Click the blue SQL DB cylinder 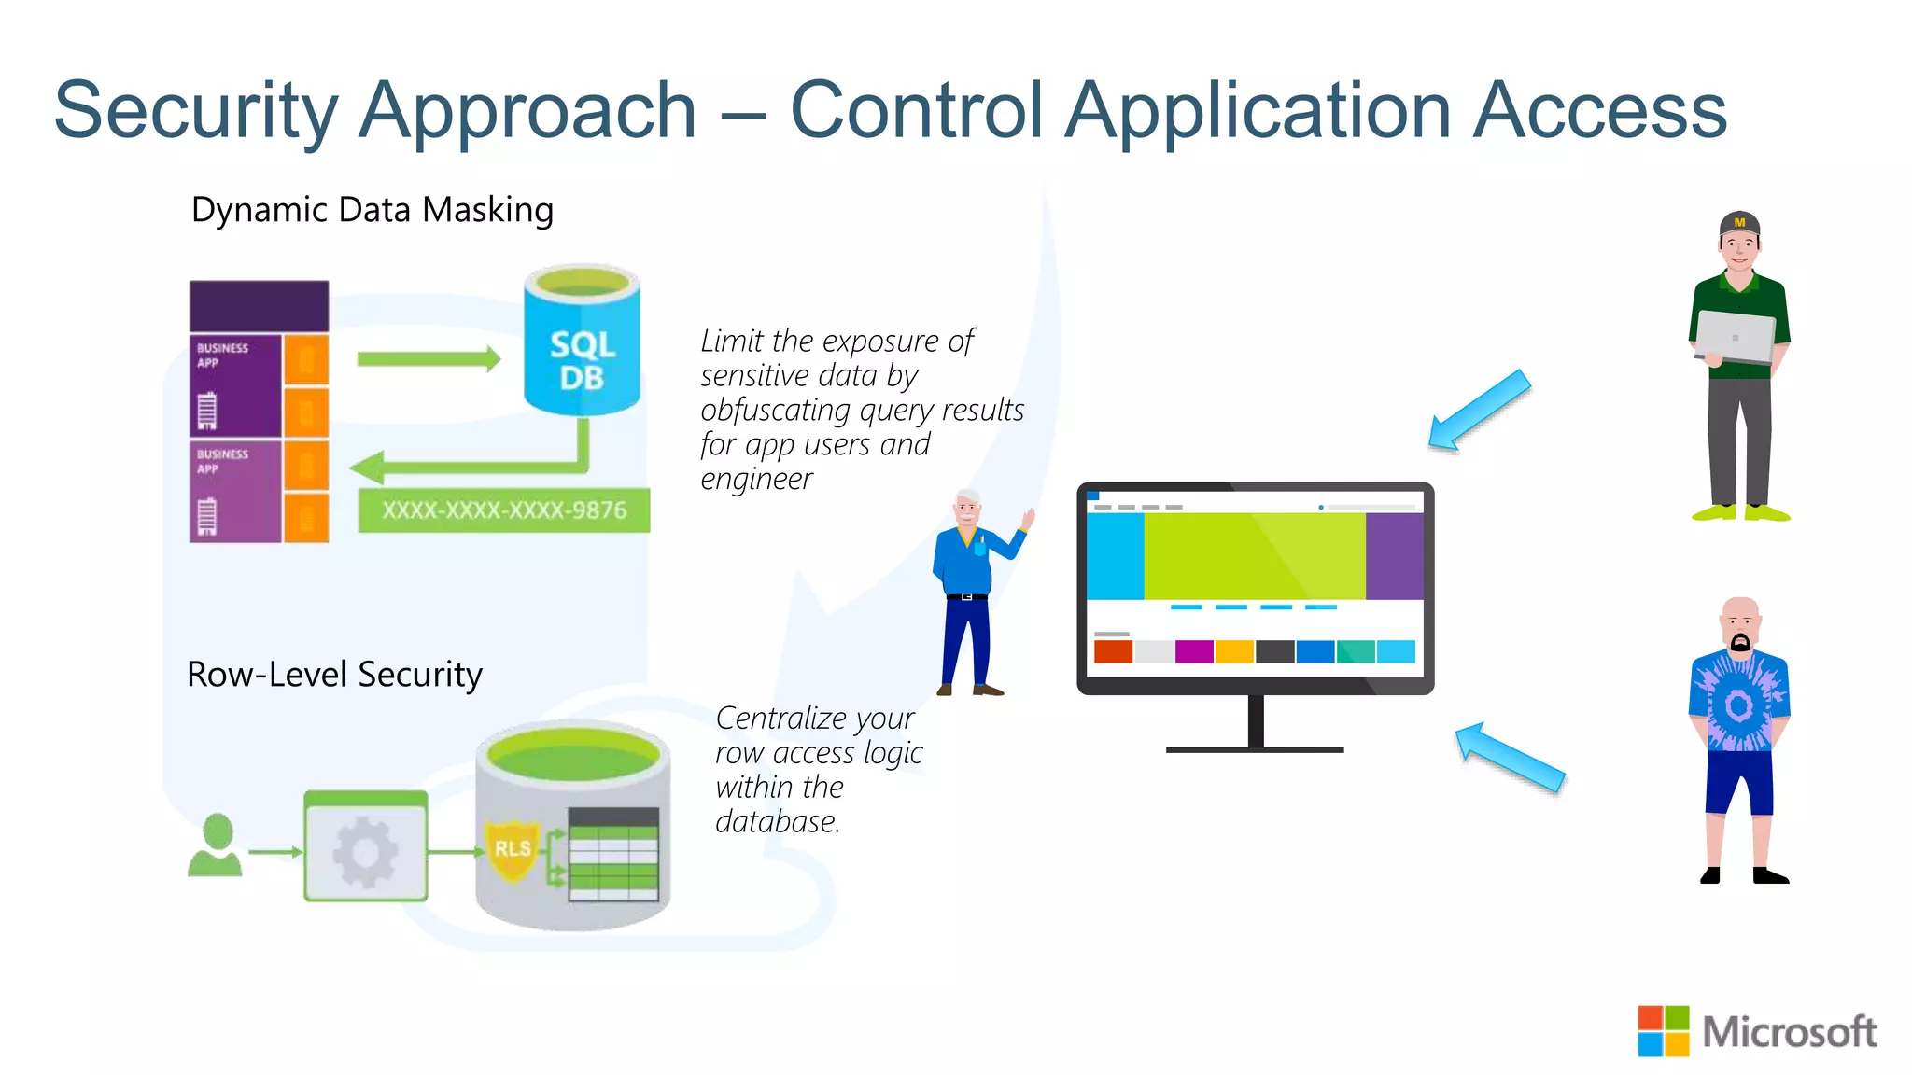(582, 350)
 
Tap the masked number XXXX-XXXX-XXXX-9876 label (504, 510)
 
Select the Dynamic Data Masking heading (372, 210)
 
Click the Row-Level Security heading (334, 674)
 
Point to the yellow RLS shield (512, 848)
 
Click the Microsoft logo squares (1663, 1031)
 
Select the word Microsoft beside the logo (1789, 1032)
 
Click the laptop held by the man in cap (1735, 336)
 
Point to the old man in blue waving (971, 588)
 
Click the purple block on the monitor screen (1394, 556)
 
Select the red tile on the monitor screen (1113, 651)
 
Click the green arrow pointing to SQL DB (429, 358)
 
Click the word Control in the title (916, 110)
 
